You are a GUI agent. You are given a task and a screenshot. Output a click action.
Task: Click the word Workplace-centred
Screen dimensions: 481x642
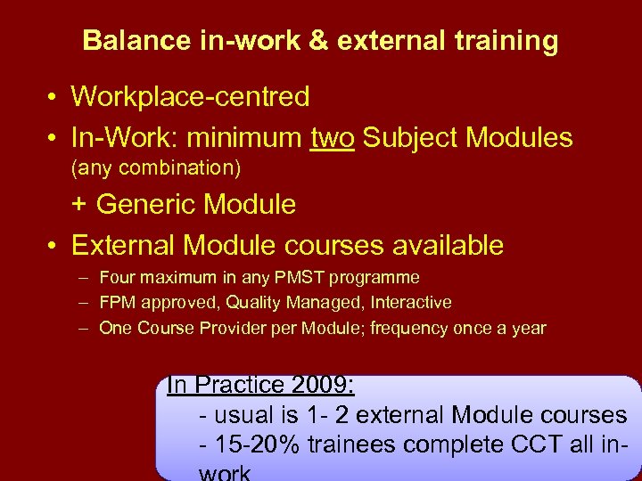coord(190,96)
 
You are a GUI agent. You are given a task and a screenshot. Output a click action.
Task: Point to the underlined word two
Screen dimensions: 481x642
coord(333,138)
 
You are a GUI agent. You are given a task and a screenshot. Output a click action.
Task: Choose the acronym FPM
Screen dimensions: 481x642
coord(117,303)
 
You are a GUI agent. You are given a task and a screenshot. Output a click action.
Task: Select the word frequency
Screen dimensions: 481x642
coord(408,328)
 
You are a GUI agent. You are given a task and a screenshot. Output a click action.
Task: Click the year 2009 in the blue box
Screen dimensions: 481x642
coord(321,386)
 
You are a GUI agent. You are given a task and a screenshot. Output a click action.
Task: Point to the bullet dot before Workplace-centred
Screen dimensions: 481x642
coord(54,97)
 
